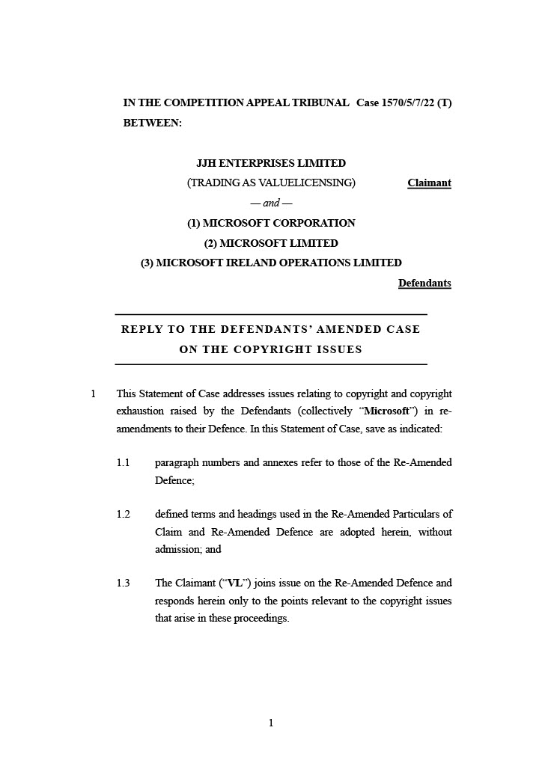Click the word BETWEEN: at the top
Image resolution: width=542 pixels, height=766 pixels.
tap(153, 122)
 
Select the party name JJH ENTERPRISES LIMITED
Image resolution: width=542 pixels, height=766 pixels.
tap(271, 163)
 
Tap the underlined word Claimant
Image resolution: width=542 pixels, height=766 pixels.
tap(429, 183)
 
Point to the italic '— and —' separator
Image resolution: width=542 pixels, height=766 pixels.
tap(271, 203)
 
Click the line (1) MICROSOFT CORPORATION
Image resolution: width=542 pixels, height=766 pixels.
tap(271, 223)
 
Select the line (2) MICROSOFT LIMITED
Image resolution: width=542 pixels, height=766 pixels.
tap(271, 243)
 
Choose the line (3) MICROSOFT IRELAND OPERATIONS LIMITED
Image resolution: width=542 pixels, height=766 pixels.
tap(271, 263)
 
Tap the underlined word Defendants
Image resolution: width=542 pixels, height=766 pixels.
tap(424, 284)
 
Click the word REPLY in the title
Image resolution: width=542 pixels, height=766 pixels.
tap(144, 329)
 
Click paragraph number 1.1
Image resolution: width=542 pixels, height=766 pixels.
tap(124, 463)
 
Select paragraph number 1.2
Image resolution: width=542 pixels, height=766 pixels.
tap(124, 515)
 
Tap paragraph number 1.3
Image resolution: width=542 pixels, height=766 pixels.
tap(124, 583)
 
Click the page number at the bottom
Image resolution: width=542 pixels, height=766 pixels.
tap(271, 723)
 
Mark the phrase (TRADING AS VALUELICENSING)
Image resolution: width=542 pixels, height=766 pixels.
tap(271, 183)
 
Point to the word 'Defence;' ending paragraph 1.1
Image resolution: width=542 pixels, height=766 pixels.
tap(174, 481)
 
